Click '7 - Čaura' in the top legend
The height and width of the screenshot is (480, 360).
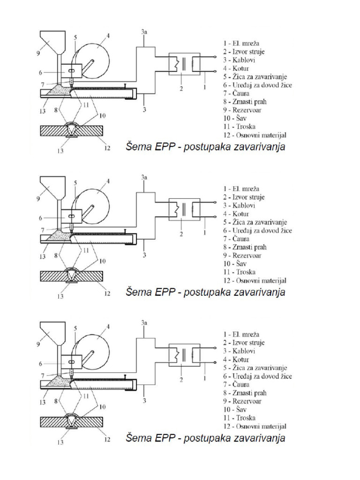(236, 93)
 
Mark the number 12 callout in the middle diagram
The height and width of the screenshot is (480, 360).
(107, 293)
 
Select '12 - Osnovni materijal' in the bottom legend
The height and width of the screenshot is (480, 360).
(255, 426)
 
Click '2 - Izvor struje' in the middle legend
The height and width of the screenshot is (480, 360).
(244, 197)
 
